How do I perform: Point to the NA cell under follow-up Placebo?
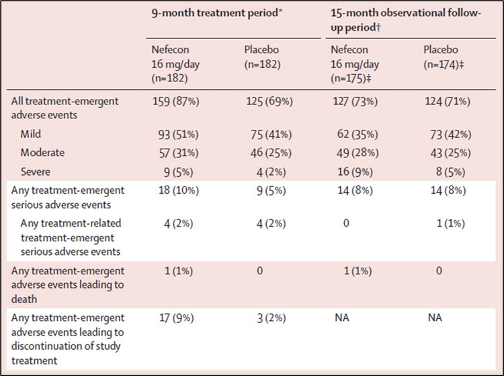point(434,317)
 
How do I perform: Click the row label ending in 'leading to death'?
point(68,285)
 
